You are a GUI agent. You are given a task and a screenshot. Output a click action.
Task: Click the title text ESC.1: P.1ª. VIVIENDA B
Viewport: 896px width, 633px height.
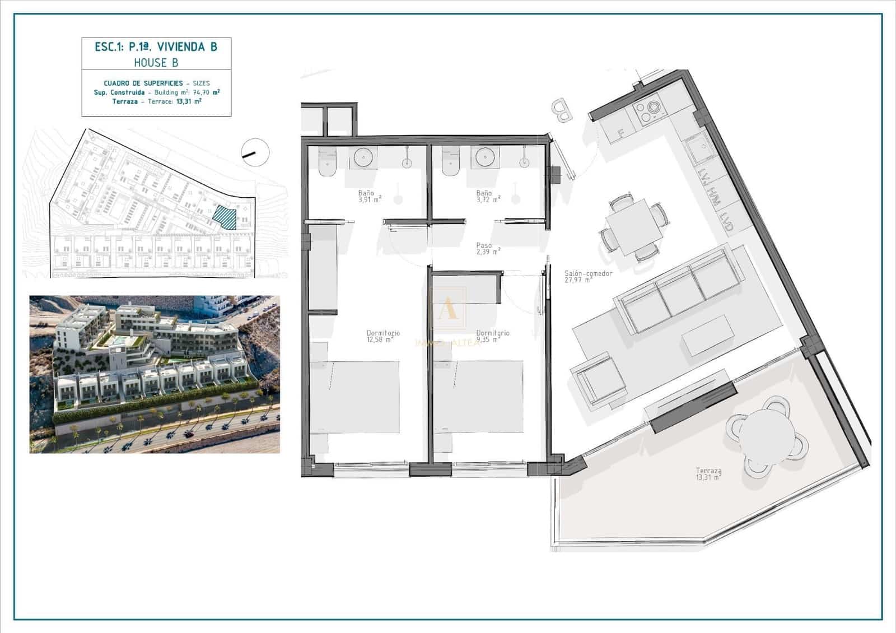coord(156,47)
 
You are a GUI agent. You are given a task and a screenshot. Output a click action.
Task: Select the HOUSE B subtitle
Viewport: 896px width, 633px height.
coord(156,63)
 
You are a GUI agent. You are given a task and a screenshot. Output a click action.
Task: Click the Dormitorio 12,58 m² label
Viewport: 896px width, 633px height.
coord(382,336)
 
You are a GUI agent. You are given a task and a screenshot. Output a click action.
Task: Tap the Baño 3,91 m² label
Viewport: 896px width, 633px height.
coord(369,196)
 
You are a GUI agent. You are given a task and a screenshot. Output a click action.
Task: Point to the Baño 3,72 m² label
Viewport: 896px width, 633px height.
coord(487,196)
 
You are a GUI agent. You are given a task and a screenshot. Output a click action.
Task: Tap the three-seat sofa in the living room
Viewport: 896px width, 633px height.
coord(676,292)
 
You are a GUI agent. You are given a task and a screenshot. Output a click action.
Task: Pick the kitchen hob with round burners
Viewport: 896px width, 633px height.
coord(650,111)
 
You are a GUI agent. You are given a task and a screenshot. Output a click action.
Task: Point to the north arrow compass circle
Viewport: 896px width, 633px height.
coord(255,151)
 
